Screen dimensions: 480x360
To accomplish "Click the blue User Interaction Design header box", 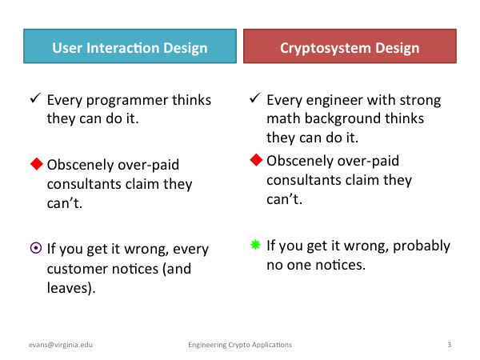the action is (130, 46).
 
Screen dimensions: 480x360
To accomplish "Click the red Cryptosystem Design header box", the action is (350, 46).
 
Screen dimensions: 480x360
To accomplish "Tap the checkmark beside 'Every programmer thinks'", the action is (35, 98).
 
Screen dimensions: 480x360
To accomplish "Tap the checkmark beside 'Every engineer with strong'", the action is (255, 98).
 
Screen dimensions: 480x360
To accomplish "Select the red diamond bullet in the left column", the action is (37, 164).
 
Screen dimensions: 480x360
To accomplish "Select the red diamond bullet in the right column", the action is (256, 160).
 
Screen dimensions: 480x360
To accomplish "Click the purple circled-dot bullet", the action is (36, 248).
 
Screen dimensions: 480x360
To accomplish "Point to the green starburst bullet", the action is (255, 245).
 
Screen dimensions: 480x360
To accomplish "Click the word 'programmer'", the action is (127, 101).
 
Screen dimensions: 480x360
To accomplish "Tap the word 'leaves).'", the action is (71, 288).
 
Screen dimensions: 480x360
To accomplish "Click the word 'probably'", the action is (422, 246).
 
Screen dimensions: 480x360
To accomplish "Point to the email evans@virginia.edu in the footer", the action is (61, 345).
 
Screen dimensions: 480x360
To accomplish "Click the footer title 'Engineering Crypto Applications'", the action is (240, 345).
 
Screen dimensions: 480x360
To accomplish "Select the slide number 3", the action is (449, 345).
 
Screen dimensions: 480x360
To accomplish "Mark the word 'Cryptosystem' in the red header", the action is (326, 48).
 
